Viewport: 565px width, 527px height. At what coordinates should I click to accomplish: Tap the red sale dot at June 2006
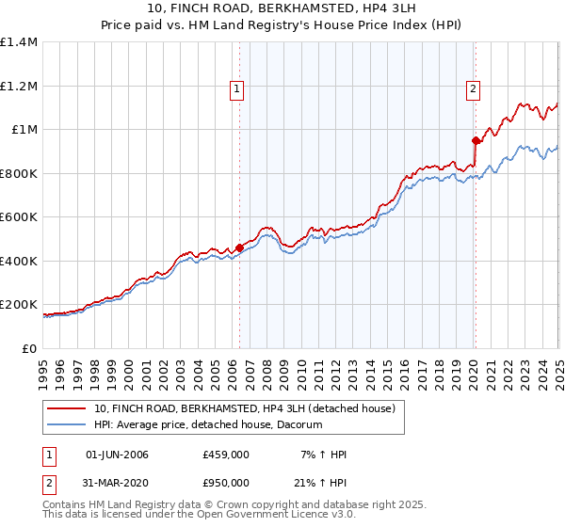tap(239, 248)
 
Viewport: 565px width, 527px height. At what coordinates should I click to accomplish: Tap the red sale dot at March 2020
tap(476, 141)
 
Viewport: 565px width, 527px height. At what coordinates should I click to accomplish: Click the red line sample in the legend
tap(66, 408)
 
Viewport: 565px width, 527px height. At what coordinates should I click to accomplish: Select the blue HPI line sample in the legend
tap(66, 425)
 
